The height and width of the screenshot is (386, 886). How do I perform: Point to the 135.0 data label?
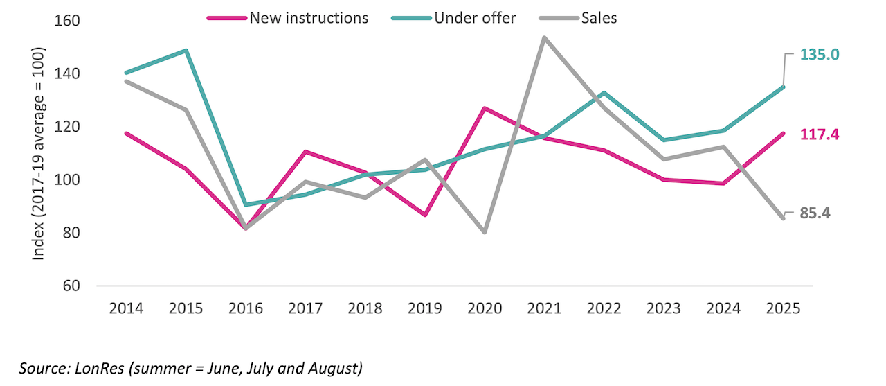tap(820, 54)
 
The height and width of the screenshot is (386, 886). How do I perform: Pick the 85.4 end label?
tap(815, 213)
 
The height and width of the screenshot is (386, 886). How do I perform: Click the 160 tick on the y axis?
tap(69, 21)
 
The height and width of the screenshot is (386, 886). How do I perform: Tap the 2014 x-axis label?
tap(126, 308)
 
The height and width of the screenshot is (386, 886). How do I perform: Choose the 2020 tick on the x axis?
tap(485, 308)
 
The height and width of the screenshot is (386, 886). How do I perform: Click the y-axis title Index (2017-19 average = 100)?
tap(39, 154)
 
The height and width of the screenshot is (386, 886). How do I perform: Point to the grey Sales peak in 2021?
tap(544, 37)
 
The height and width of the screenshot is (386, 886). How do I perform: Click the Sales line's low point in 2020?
tap(485, 231)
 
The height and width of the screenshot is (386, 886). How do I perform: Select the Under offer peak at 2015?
tap(186, 51)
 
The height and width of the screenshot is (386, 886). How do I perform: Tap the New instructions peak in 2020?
tap(485, 108)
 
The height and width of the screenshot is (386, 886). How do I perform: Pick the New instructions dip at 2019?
tap(425, 215)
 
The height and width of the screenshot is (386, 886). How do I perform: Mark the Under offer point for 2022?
tap(604, 93)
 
